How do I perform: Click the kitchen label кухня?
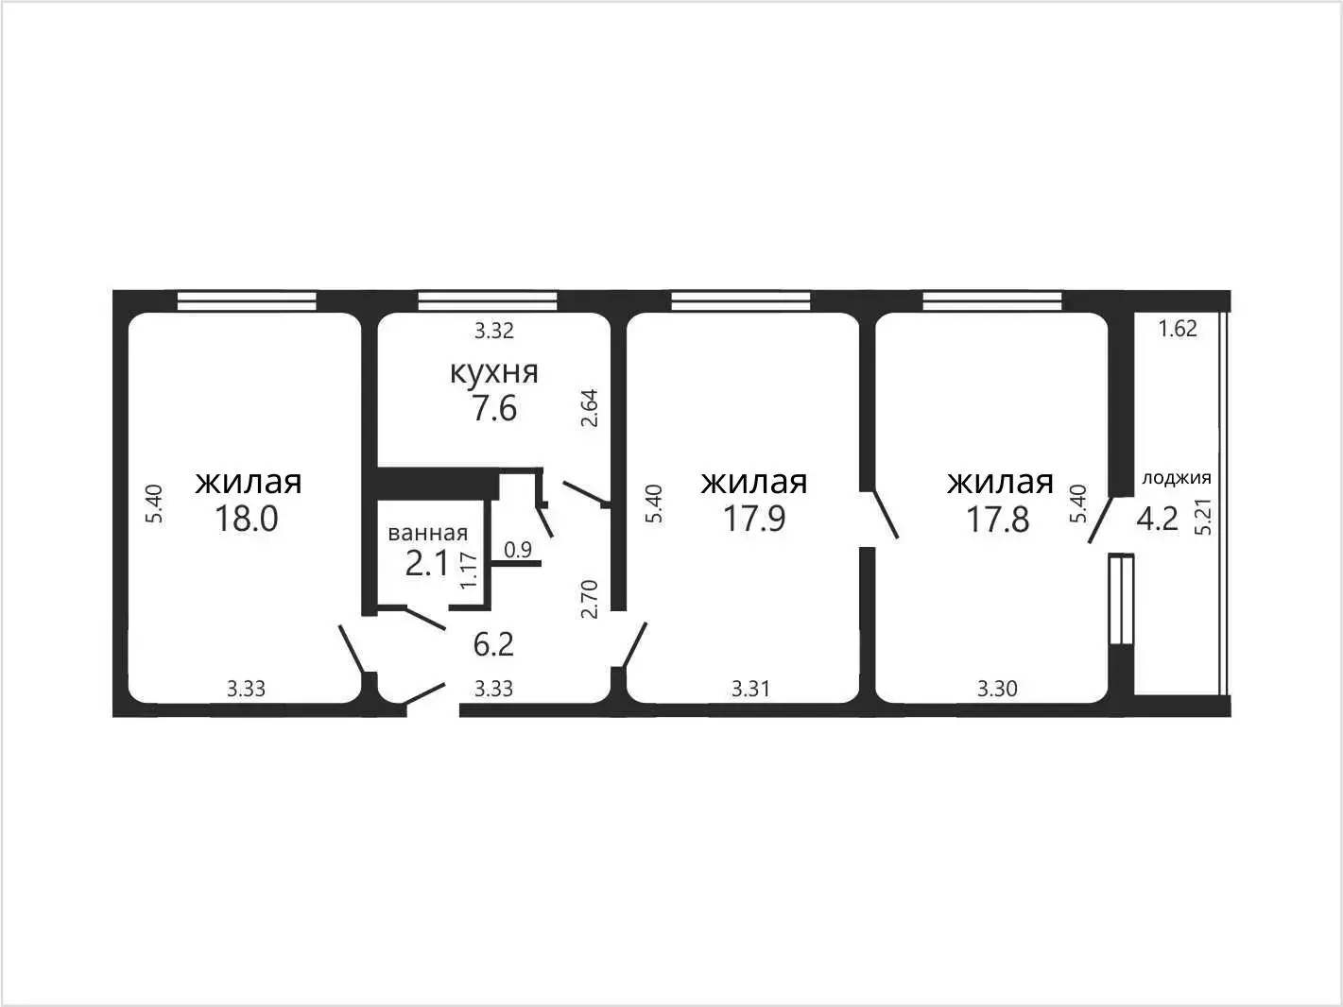point(493,372)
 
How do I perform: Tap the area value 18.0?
point(246,519)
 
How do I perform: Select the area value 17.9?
point(754,519)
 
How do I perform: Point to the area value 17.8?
point(997,520)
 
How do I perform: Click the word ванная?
point(428,533)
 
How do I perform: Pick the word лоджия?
point(1177,478)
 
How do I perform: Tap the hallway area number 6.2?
point(493,644)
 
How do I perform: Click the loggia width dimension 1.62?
point(1178,329)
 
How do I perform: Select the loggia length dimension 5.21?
point(1203,517)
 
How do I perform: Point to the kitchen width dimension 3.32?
point(493,331)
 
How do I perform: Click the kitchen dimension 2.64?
point(589,408)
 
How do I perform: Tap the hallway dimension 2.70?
point(589,599)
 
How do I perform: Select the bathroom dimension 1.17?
point(468,570)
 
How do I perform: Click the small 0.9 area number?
point(518,550)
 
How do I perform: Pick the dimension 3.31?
point(750,689)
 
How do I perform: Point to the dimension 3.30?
point(997,689)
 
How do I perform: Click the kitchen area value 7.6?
point(493,408)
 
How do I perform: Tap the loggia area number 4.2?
point(1158,520)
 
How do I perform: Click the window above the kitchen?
point(488,300)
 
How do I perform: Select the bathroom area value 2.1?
point(427,564)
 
